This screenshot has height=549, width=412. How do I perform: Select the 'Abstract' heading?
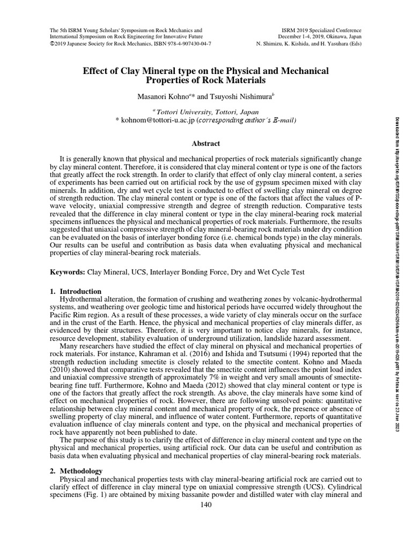click(205, 144)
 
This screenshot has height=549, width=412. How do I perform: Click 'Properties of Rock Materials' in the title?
click(205, 80)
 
